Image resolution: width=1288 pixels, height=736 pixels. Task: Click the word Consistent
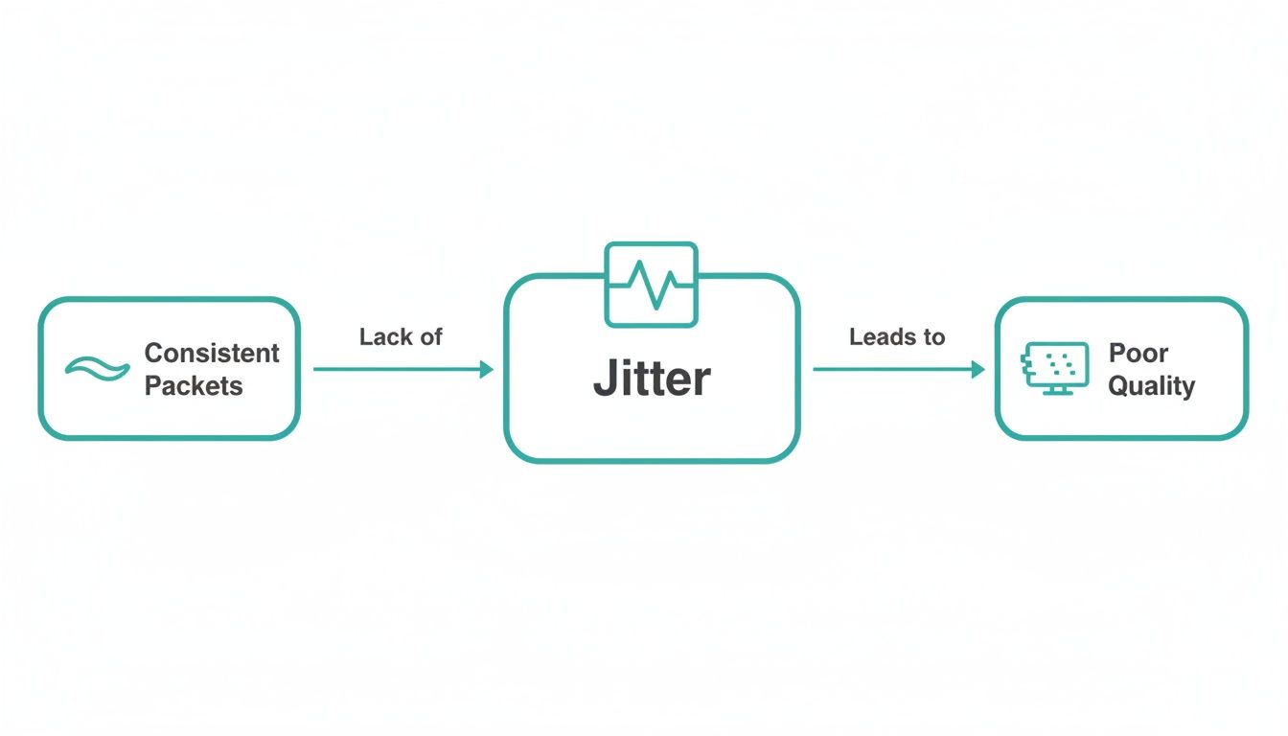coord(212,353)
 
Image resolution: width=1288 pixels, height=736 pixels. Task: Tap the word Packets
coord(194,386)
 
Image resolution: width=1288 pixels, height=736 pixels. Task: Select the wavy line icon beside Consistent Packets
coord(97,368)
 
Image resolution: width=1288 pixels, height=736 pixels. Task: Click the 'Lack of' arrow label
coord(401,337)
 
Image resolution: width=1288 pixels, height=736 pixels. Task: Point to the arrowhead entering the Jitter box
coord(487,369)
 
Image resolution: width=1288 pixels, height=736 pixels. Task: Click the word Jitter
coord(652,379)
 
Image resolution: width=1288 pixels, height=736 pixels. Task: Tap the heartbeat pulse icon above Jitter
coord(652,285)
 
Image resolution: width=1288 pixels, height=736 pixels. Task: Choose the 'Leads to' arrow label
coord(897,337)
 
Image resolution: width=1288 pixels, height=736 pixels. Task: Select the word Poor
coord(1138,353)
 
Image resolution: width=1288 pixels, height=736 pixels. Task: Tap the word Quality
coord(1152,386)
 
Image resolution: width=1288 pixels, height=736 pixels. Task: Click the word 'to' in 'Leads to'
coord(934,337)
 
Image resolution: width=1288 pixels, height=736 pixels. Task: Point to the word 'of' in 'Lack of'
coord(430,337)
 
